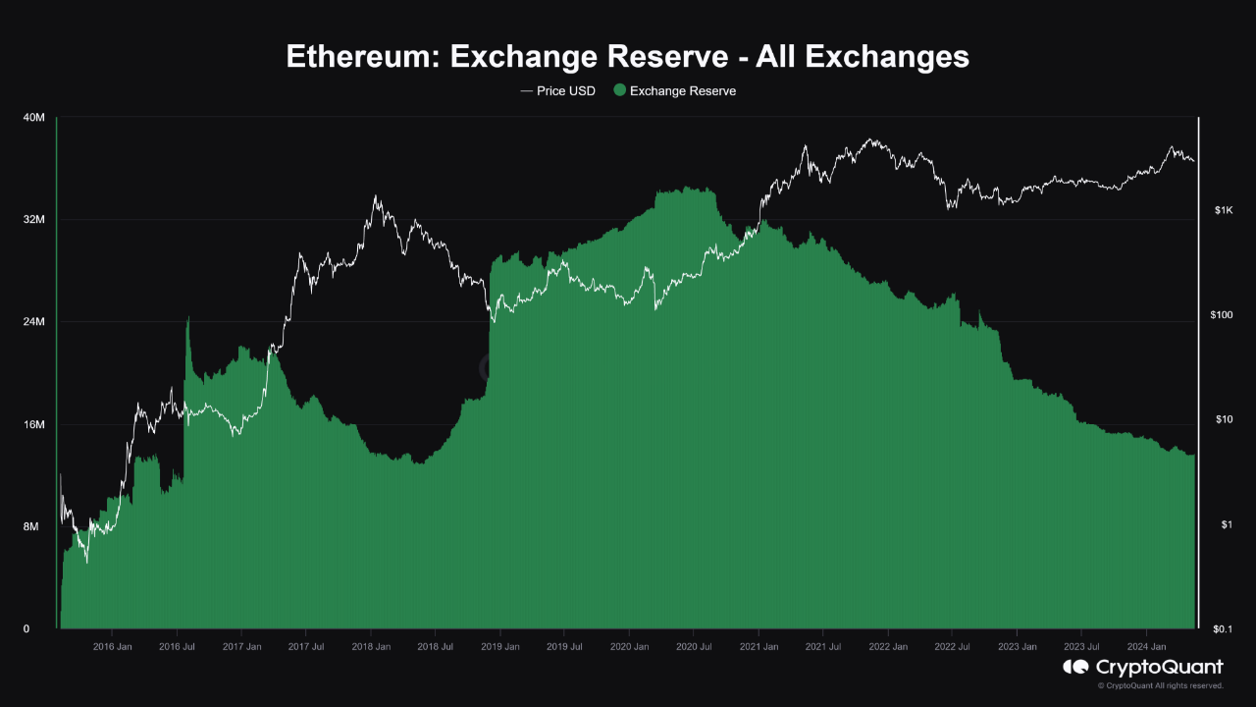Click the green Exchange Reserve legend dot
(x=618, y=90)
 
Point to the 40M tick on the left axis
(x=33, y=118)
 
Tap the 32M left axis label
(x=33, y=220)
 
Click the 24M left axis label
(x=33, y=322)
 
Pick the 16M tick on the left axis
(x=33, y=424)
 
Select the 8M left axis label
(x=30, y=526)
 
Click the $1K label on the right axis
(x=1222, y=210)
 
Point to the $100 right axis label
(x=1224, y=315)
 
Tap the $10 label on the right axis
(x=1222, y=420)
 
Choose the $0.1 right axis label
(x=1223, y=629)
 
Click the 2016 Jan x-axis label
(x=112, y=647)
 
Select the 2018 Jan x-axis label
(x=370, y=647)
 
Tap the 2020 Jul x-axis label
(x=694, y=647)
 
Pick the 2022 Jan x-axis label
(x=887, y=647)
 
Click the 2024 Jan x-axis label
(x=1145, y=647)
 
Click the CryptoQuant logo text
(x=1158, y=668)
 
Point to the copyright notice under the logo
(x=1160, y=685)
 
